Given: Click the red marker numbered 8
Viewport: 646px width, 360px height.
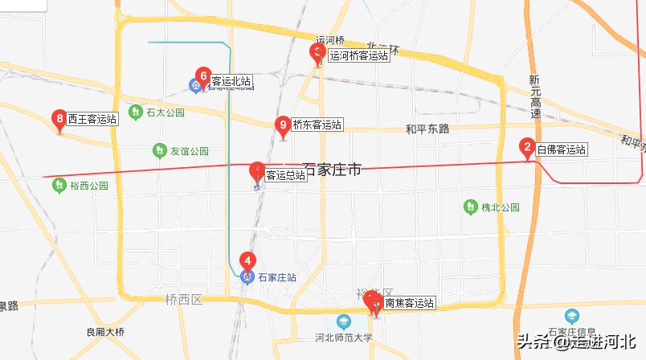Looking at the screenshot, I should click(59, 120).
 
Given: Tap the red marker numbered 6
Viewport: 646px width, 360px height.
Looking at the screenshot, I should click(203, 78).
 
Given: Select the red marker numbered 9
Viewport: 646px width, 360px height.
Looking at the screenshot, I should click(282, 126).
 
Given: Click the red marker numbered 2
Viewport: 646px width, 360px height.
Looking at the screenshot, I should click(527, 148).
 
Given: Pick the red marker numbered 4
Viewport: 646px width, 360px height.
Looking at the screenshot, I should click(248, 261).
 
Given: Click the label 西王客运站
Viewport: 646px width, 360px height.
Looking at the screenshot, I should click(93, 119).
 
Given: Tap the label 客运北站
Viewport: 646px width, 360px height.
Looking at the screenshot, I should click(231, 81).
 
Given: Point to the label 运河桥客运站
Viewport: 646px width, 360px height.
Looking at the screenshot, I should click(359, 56).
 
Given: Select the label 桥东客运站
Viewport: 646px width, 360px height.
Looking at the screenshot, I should click(317, 125).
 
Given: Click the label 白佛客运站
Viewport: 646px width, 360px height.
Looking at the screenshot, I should click(562, 149).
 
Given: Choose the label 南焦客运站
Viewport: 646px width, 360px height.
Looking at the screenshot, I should click(410, 303).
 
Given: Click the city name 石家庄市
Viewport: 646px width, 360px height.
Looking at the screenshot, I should click(332, 171).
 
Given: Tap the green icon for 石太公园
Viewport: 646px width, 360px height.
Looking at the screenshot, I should click(132, 112).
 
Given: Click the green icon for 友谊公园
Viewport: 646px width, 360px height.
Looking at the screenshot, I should click(159, 150).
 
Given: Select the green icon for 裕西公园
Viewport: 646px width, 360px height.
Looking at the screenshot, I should click(59, 186).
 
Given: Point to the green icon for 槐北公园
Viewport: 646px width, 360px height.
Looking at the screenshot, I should click(471, 207).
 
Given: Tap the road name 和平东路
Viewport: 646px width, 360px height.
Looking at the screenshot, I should click(427, 129).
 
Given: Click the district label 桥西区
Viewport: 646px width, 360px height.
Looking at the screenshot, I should click(183, 299).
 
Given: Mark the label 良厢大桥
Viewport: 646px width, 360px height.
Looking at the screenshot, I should click(106, 331).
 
